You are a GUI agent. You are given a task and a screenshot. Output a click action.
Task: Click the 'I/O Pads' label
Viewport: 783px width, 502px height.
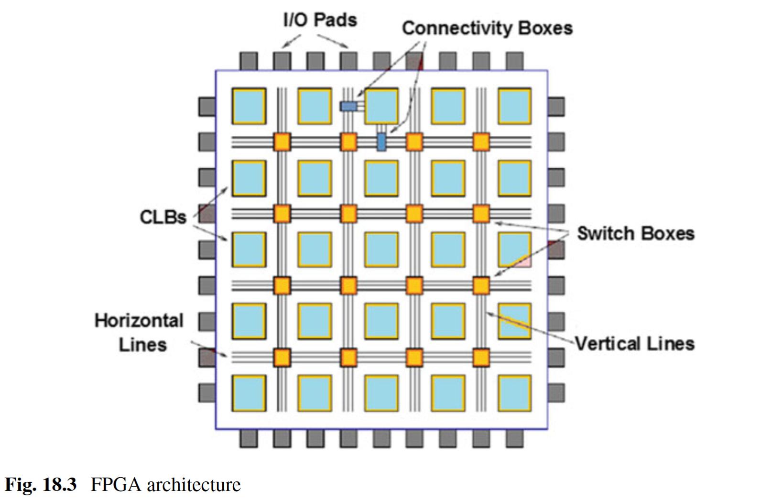pos(320,20)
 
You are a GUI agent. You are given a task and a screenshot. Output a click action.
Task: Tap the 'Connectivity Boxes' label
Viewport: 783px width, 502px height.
pos(487,28)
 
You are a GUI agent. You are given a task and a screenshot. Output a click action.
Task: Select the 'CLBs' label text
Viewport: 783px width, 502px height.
pos(163,217)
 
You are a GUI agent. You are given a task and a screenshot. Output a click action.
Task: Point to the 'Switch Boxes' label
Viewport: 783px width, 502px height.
pos(635,233)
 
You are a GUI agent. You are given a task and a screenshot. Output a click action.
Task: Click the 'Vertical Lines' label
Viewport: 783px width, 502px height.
pos(634,344)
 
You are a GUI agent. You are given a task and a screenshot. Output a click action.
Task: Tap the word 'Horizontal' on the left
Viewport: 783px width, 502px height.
pos(139,320)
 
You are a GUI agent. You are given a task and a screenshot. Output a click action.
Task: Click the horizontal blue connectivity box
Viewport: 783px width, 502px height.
pos(348,106)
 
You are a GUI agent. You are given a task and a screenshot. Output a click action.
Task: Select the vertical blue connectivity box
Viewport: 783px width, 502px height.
pos(381,142)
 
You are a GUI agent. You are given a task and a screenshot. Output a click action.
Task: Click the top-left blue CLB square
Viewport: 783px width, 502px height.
pos(249,106)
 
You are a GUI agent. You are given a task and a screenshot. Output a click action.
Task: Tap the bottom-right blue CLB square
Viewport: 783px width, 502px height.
pos(514,393)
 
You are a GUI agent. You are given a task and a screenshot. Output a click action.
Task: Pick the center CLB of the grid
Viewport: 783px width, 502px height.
pos(381,249)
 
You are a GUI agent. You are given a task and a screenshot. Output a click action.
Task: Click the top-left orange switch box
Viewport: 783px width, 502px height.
pos(282,142)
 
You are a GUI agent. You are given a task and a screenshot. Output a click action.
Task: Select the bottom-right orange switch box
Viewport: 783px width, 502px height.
pos(481,357)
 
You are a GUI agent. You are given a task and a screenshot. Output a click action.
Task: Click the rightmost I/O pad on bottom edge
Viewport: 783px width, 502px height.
pos(514,438)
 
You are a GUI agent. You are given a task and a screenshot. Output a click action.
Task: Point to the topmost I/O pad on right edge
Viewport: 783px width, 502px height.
pos(555,106)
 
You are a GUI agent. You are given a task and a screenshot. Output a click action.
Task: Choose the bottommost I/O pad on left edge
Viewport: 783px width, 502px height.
pos(207,393)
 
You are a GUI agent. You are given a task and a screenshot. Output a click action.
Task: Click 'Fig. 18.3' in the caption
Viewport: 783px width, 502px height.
pos(41,485)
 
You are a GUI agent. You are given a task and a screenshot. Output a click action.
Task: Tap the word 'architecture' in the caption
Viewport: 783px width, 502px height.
pos(194,485)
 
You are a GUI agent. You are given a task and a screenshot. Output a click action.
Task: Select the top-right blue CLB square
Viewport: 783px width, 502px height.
pos(514,106)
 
